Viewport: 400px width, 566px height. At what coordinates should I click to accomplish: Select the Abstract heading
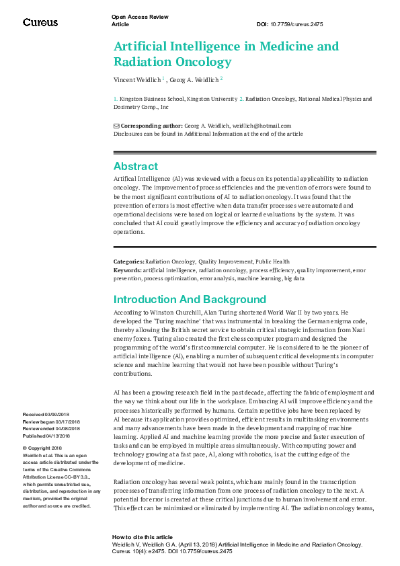pos(136,166)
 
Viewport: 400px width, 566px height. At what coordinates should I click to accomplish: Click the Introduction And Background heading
pos(190,299)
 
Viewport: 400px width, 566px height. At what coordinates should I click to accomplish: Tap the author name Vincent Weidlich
pos(136,80)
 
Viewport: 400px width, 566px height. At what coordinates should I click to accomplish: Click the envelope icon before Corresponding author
pos(116,126)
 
